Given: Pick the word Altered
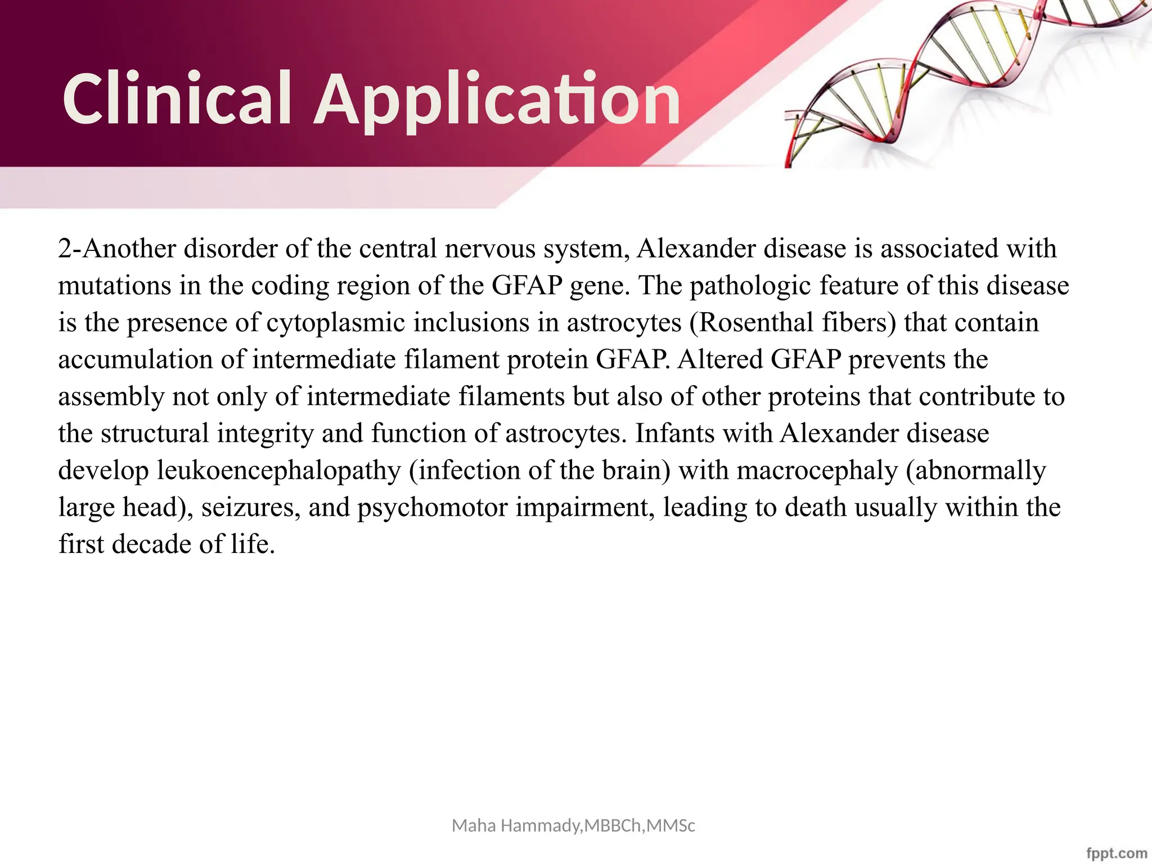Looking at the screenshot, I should (720, 360).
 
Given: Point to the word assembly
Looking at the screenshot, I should (111, 397).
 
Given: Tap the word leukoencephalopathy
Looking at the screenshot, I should (278, 471).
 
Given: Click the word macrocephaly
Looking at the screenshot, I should (817, 471).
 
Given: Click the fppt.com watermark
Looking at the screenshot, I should (1117, 853).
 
